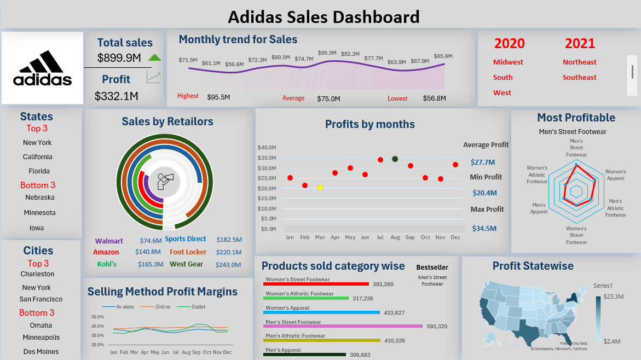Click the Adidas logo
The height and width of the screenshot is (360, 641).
pyautogui.click(x=43, y=68)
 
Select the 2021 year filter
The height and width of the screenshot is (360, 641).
pyautogui.click(x=580, y=43)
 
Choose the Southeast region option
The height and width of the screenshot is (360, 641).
pyautogui.click(x=579, y=78)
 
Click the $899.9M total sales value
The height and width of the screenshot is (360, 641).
pyautogui.click(x=119, y=57)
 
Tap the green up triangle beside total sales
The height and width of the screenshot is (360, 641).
pyautogui.click(x=154, y=57)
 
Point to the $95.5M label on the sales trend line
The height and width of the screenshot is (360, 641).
pyautogui.click(x=327, y=53)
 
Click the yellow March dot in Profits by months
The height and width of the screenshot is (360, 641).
pyautogui.click(x=320, y=188)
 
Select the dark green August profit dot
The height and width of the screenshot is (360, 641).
pyautogui.click(x=395, y=159)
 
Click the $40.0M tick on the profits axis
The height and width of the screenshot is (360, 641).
pyautogui.click(x=267, y=148)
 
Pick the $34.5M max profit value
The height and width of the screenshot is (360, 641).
pyautogui.click(x=483, y=229)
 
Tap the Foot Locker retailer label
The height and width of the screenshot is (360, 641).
pyautogui.click(x=188, y=252)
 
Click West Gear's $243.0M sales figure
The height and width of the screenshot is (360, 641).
pyautogui.click(x=229, y=265)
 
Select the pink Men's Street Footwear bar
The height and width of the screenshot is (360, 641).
pyautogui.click(x=343, y=326)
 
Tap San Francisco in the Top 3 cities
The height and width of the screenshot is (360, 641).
pyautogui.click(x=41, y=299)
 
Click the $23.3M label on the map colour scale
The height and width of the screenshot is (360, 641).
pyautogui.click(x=613, y=297)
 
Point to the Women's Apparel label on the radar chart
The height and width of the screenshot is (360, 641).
pyautogui.click(x=615, y=175)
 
